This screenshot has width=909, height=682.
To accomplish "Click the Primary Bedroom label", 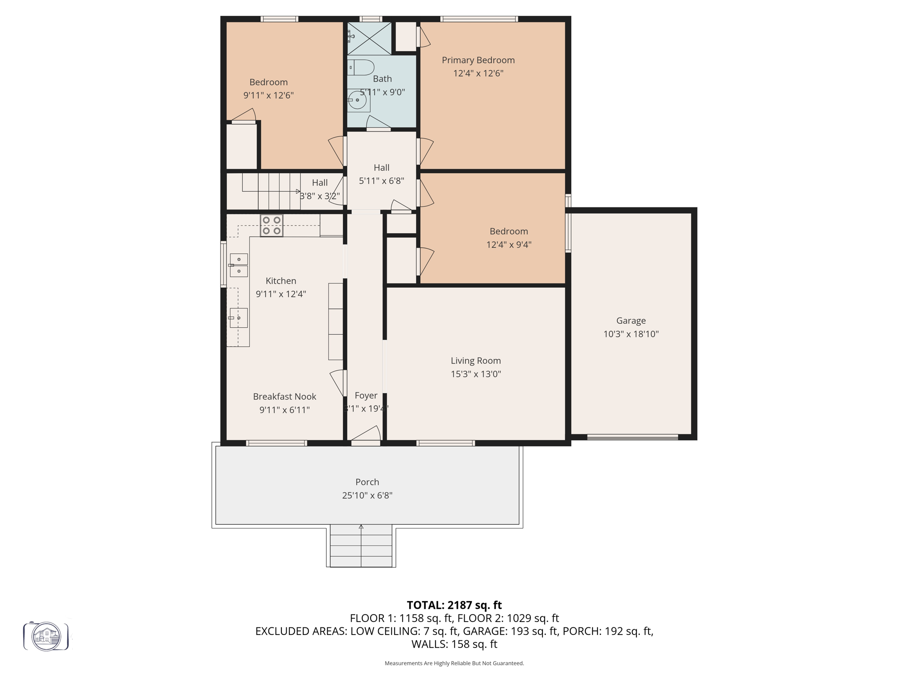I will pos(478,60).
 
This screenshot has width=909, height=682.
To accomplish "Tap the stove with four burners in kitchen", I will pos(271,226).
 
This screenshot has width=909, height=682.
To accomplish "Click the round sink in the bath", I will pos(358,100).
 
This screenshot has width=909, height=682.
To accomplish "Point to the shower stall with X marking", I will pos(369,38).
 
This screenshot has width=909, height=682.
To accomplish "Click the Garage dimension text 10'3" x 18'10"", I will pos(631,334).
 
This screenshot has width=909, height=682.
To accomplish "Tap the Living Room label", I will pos(475,361).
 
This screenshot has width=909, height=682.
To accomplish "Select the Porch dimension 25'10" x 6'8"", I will pos(367,496).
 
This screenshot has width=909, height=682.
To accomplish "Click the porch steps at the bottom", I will pos(361,546).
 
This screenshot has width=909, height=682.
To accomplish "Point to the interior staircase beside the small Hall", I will pos(271,191).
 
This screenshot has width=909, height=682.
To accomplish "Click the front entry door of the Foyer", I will pos(366,442).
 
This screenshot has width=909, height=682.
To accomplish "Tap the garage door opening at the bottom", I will pos(632,437).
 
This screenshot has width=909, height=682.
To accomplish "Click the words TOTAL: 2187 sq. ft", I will pos(454,605).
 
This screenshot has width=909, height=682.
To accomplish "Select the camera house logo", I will pos(46,636).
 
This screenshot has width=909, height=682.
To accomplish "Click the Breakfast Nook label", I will pos(285,397).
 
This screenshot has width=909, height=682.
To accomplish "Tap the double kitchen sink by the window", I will pos(239,265).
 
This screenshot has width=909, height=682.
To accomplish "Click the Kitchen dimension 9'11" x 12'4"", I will pos(281,294).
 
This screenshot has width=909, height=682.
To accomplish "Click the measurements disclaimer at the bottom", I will pos(454,663).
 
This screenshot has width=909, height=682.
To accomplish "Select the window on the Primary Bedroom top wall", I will pos(479,19).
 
